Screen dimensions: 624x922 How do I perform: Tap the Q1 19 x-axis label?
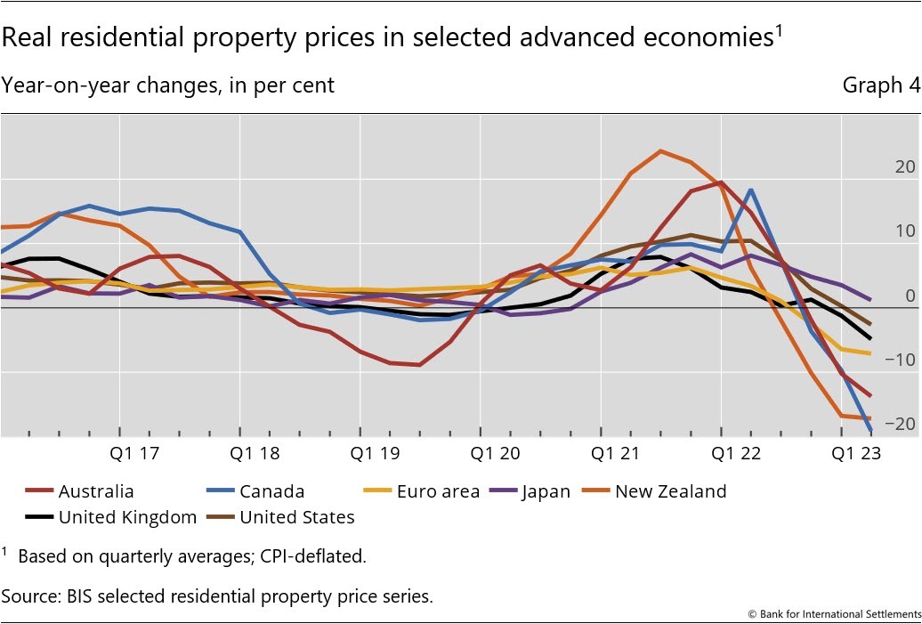pos(375,453)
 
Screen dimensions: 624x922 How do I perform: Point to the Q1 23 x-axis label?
pos(855,453)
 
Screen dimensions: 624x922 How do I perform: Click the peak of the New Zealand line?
pos(660,150)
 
